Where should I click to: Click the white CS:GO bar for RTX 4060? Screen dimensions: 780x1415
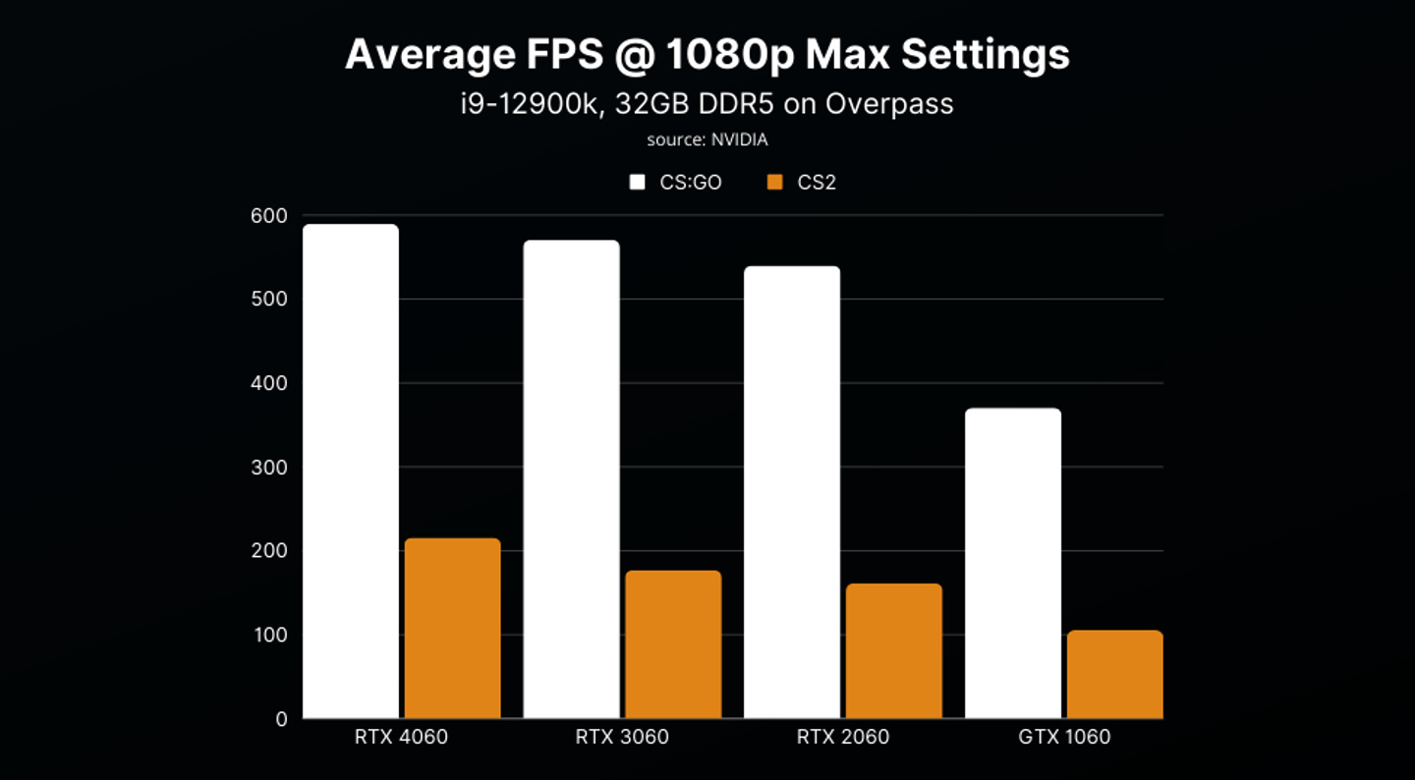tap(351, 472)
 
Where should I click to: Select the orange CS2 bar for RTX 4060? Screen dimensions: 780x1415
tap(453, 629)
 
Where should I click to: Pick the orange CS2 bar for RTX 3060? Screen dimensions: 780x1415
tap(673, 644)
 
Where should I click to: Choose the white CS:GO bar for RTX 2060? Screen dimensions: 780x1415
tap(792, 492)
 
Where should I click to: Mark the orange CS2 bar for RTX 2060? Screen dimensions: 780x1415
tap(894, 651)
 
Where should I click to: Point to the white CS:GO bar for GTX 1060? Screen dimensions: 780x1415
tap(1013, 564)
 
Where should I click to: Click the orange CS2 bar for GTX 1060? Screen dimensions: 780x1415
tap(1115, 675)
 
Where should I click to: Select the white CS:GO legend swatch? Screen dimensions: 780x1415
tap(638, 183)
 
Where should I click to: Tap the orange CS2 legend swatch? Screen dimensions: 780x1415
tap(775, 183)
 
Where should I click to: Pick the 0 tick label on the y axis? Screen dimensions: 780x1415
tap(281, 720)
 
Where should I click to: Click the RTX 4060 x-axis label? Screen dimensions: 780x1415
tap(401, 737)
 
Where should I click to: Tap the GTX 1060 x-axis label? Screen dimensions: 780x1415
tap(1064, 737)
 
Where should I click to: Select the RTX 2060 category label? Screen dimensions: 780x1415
tap(842, 737)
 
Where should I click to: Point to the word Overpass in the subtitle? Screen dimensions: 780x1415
tap(889, 104)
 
